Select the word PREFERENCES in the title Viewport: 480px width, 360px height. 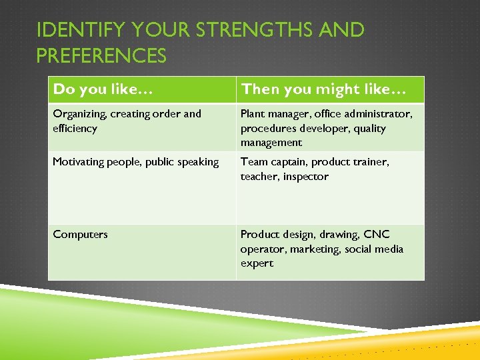pos(101,56)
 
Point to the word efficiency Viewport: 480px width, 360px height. pos(75,129)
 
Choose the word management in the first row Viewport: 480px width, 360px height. pos(271,143)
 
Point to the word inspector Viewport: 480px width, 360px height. pos(305,177)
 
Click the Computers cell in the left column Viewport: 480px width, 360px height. pos(80,235)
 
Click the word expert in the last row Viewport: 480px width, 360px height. pos(257,263)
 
